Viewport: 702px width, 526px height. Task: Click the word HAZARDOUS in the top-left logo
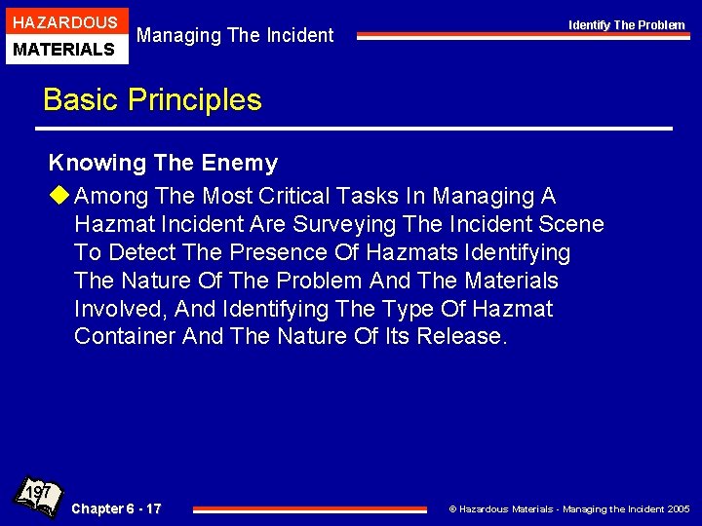click(x=64, y=21)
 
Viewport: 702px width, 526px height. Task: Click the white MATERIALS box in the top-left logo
click(x=64, y=49)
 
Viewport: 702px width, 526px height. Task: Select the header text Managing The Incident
click(x=235, y=36)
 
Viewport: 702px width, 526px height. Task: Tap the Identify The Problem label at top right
click(x=627, y=24)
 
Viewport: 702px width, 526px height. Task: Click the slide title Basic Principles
click(x=152, y=99)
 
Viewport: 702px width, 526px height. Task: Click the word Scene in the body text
click(x=571, y=224)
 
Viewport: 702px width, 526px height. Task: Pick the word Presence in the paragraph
click(x=275, y=252)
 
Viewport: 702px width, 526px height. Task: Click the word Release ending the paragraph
click(x=461, y=337)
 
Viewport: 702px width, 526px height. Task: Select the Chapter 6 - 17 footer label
click(x=117, y=508)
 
